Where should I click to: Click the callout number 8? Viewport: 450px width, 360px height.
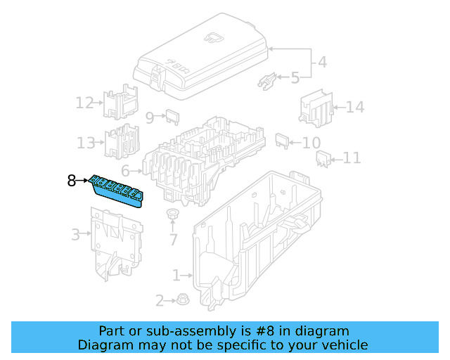[x=71, y=181]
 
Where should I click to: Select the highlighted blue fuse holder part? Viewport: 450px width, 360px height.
[x=117, y=191]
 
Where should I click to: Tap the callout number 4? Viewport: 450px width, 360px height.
[x=321, y=62]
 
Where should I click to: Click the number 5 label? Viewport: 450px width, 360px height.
[x=295, y=77]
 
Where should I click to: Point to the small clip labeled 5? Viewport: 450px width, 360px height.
[x=267, y=80]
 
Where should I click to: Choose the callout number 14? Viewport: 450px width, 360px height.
[x=355, y=108]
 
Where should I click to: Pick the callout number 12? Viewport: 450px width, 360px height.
[x=84, y=103]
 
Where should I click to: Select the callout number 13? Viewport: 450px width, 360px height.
[x=86, y=143]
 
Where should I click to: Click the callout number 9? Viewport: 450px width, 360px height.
[x=149, y=117]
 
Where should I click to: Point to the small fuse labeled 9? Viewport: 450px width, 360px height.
[x=174, y=116]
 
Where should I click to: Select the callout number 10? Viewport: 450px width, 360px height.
[x=311, y=143]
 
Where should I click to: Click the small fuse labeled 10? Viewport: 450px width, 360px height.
[x=282, y=140]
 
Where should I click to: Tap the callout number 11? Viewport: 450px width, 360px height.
[x=351, y=158]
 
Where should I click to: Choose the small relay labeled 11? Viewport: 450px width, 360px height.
[x=323, y=159]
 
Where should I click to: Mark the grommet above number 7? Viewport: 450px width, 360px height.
[x=172, y=214]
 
